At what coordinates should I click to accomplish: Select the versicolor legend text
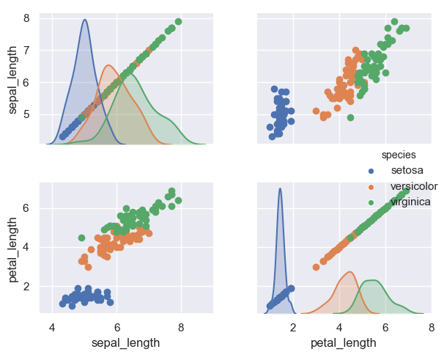[414, 186]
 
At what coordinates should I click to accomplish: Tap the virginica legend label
[410, 202]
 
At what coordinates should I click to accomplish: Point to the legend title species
[399, 155]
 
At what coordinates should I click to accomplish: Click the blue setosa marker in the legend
[371, 171]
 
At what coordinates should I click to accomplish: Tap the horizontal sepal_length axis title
[125, 342]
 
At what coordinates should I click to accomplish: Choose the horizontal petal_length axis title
[344, 342]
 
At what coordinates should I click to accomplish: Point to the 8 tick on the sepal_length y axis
[26, 18]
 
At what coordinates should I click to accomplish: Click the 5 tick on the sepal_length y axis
[26, 114]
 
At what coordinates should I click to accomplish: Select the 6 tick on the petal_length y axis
[26, 208]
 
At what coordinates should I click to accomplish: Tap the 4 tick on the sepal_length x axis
[52, 327]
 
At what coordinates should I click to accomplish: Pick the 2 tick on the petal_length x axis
[293, 327]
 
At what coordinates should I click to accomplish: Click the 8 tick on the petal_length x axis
[431, 327]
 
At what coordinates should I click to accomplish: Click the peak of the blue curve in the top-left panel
[85, 20]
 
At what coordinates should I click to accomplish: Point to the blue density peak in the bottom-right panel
[280, 188]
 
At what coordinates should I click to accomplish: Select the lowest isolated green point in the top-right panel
[350, 117]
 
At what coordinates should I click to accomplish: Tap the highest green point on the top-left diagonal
[178, 21]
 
